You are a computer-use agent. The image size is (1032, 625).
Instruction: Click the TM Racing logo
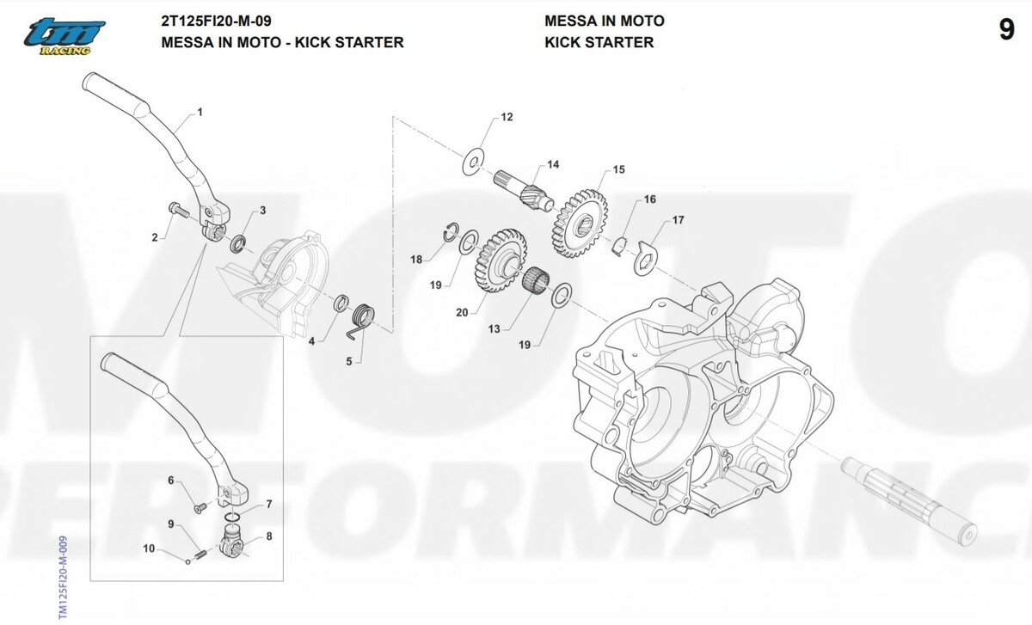pyautogui.click(x=64, y=37)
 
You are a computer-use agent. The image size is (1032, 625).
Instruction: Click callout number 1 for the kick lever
pyautogui.click(x=200, y=112)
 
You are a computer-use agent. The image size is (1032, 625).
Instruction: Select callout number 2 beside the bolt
pyautogui.click(x=155, y=237)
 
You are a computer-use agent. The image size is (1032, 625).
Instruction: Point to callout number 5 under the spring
pyautogui.click(x=348, y=362)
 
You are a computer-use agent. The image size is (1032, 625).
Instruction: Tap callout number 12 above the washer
pyautogui.click(x=507, y=117)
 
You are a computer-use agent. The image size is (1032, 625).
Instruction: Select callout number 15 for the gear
pyautogui.click(x=617, y=169)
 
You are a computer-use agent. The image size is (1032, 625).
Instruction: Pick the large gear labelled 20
pyautogui.click(x=500, y=259)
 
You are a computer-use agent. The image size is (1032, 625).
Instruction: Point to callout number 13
pyautogui.click(x=494, y=328)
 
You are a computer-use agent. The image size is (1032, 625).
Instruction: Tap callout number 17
pyautogui.click(x=678, y=221)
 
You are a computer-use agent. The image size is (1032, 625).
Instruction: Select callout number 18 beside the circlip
pyautogui.click(x=416, y=259)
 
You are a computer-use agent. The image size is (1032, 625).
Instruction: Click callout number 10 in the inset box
pyautogui.click(x=149, y=548)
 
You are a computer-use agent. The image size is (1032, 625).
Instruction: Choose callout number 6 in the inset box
pyautogui.click(x=170, y=481)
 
